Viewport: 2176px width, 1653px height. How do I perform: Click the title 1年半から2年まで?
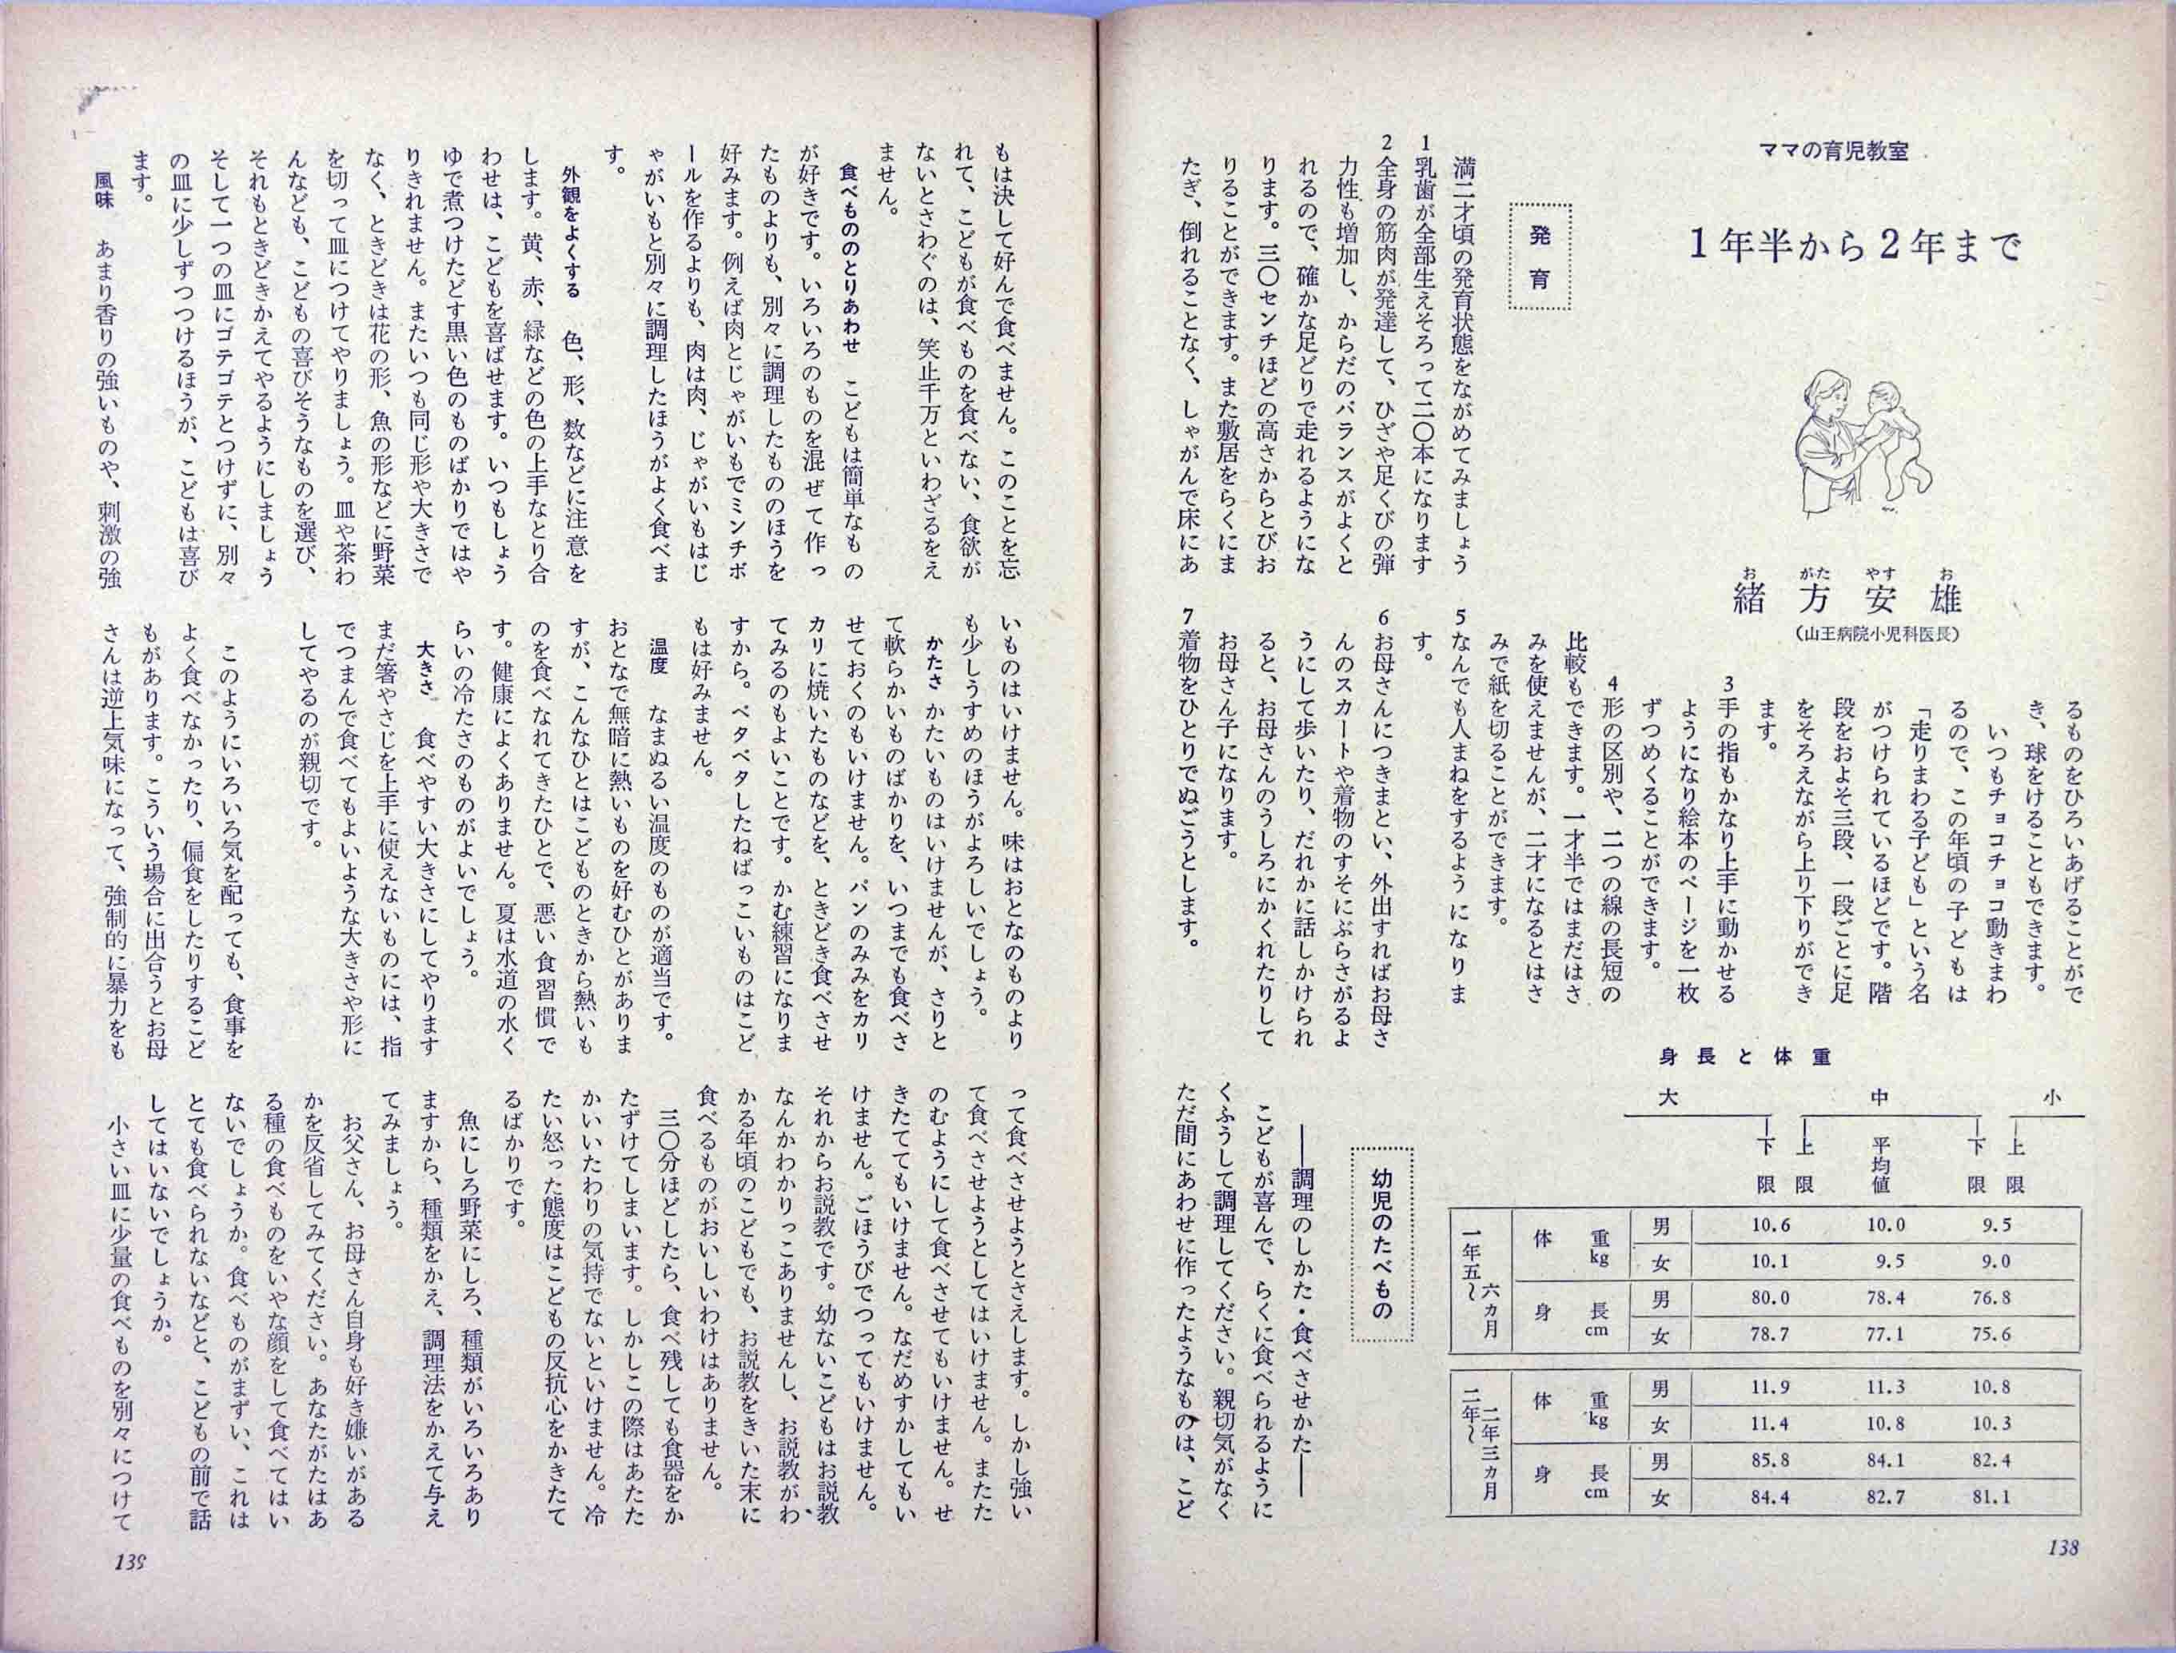pyautogui.click(x=1855, y=247)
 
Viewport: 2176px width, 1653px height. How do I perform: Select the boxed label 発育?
pyautogui.click(x=1540, y=256)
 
